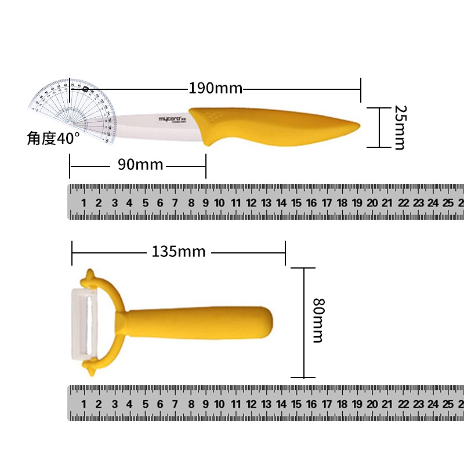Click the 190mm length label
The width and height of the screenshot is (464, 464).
click(x=215, y=89)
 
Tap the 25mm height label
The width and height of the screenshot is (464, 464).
click(x=398, y=127)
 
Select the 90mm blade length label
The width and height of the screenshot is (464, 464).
click(x=140, y=165)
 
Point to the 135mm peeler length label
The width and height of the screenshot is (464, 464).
click(x=179, y=252)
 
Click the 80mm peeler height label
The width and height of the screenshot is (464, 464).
click(x=317, y=320)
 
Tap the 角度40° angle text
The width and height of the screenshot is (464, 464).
click(x=53, y=139)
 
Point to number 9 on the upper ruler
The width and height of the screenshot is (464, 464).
click(x=206, y=203)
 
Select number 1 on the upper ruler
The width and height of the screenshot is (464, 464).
click(x=84, y=203)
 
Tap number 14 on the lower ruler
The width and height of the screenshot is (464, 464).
click(x=281, y=404)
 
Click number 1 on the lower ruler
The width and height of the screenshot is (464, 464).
click(x=84, y=404)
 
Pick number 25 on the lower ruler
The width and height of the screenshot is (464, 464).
click(x=448, y=404)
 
